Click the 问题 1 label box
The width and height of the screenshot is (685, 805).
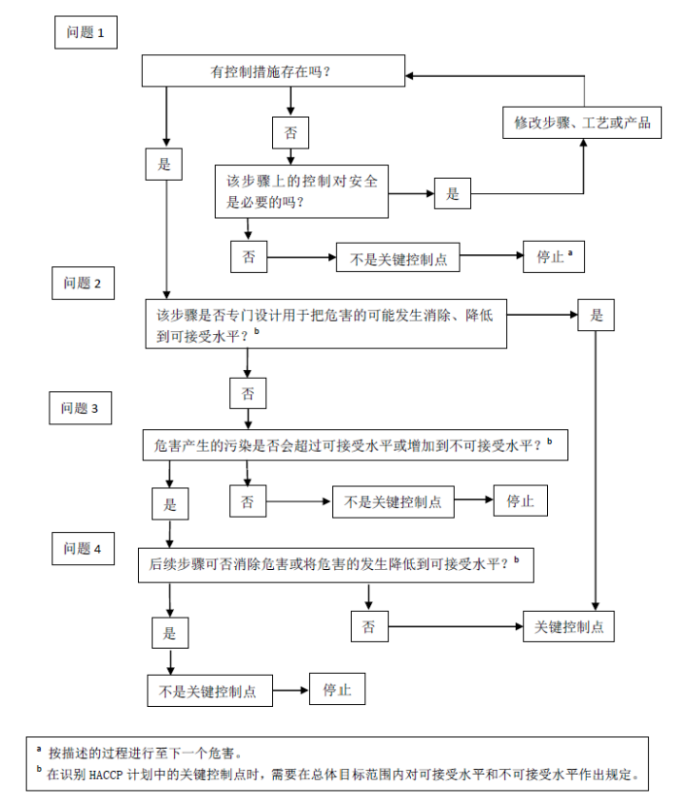[x=86, y=32]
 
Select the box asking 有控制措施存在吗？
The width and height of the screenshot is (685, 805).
[x=273, y=71]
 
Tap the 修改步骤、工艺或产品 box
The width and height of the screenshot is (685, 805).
[x=582, y=123]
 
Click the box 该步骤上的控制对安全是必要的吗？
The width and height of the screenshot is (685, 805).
[x=302, y=190]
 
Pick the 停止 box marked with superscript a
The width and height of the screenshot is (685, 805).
[x=553, y=256]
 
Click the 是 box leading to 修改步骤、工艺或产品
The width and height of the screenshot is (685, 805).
[x=452, y=194]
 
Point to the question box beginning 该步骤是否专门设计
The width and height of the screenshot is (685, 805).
[x=323, y=324]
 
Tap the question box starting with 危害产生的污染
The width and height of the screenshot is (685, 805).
[x=354, y=444]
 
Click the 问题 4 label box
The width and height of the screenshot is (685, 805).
[x=88, y=549]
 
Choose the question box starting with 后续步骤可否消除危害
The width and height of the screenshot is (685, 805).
[x=335, y=563]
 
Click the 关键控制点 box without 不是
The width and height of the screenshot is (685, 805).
[x=569, y=626]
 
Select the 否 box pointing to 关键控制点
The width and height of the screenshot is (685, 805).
[x=369, y=626]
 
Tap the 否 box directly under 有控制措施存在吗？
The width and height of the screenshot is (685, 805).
[x=290, y=132]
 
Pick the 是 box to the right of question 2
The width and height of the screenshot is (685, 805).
[x=597, y=315]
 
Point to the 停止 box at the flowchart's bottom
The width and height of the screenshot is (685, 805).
[x=337, y=689]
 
